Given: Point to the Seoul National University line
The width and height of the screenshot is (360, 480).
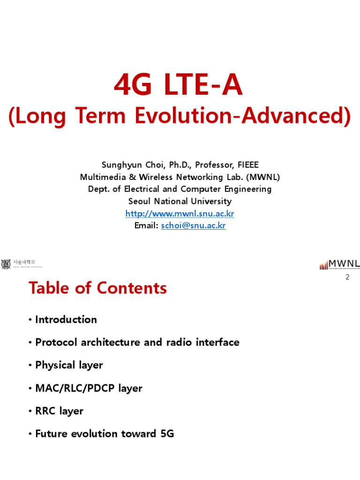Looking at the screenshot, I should pyautogui.click(x=180, y=202).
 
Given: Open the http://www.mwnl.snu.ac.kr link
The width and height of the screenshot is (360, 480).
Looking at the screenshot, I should pyautogui.click(x=180, y=214).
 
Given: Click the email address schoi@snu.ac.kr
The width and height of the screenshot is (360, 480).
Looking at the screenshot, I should pyautogui.click(x=193, y=226).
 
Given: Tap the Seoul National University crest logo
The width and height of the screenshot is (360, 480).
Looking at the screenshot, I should pyautogui.click(x=6, y=264).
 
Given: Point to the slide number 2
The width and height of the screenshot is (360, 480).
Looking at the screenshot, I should pyautogui.click(x=347, y=277).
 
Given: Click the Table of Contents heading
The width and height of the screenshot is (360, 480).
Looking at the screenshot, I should pyautogui.click(x=97, y=288).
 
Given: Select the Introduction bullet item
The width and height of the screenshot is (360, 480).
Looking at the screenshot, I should pyautogui.click(x=66, y=320).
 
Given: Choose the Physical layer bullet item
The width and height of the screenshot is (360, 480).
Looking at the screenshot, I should pyautogui.click(x=69, y=365).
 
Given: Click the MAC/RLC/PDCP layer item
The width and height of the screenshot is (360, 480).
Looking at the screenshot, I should pyautogui.click(x=89, y=388).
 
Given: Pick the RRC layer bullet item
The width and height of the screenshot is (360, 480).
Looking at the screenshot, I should pyautogui.click(x=59, y=411).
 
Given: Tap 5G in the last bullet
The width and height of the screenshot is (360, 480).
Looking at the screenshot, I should pyautogui.click(x=167, y=434).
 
